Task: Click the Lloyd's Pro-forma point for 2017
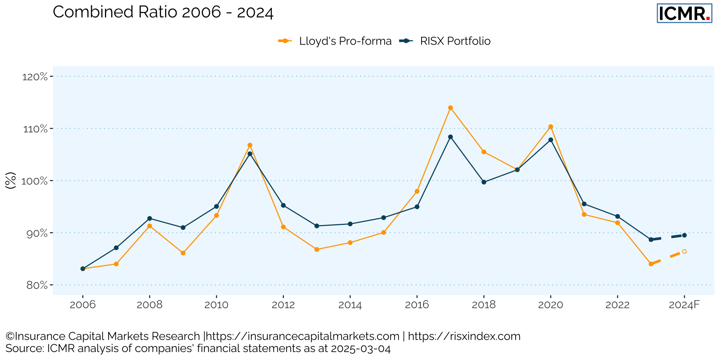[450, 108]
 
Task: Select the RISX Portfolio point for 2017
[450, 137]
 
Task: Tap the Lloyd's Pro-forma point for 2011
[250, 145]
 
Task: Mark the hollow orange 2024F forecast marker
[684, 251]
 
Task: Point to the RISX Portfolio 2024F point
[684, 235]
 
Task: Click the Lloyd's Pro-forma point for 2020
[550, 127]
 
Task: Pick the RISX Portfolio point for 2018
[484, 182]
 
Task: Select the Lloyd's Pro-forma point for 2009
[183, 253]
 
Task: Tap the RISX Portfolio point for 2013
[316, 226]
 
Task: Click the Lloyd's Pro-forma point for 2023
[651, 264]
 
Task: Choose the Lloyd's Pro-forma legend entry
[335, 41]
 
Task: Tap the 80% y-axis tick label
[37, 285]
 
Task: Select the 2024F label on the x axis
[684, 305]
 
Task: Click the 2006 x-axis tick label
[82, 305]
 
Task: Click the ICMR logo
[684, 13]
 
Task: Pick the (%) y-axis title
[11, 180]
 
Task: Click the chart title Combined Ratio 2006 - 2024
[163, 12]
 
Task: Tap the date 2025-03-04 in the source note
[360, 349]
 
